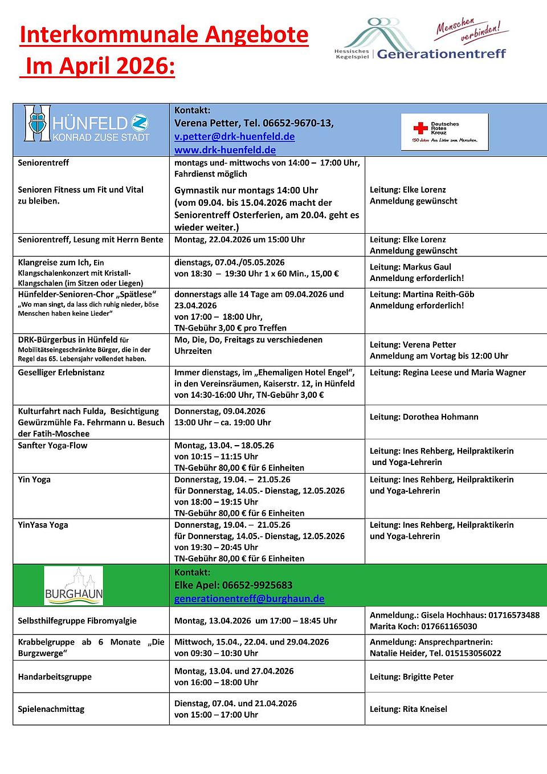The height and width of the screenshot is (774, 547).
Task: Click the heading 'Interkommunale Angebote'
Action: [164, 35]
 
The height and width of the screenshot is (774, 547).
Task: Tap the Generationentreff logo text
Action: [441, 54]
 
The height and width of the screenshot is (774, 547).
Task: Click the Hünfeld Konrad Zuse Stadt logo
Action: [87, 123]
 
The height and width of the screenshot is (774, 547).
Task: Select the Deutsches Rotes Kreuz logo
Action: [444, 132]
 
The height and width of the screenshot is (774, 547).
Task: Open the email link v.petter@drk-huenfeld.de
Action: [234, 137]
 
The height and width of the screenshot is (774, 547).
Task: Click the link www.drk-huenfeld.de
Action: [224, 150]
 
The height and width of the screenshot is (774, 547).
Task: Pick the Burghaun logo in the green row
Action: [74, 586]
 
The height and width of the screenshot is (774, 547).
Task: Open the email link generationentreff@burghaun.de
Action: [249, 599]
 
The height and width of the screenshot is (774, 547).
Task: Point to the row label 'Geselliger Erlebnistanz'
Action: [61, 372]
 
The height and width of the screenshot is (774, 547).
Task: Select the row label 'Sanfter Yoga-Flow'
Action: [52, 445]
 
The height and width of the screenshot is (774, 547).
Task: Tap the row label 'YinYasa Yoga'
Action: [43, 525]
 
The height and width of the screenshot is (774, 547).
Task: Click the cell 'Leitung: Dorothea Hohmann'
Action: [424, 417]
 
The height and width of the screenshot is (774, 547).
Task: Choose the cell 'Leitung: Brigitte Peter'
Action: [411, 677]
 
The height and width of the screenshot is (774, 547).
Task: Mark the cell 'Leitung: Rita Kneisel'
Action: [408, 709]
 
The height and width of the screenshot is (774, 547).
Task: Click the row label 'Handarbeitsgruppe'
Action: [55, 677]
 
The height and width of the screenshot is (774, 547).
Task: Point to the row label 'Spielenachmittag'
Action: [51, 709]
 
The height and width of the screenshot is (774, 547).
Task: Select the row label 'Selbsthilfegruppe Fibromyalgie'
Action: [77, 621]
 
